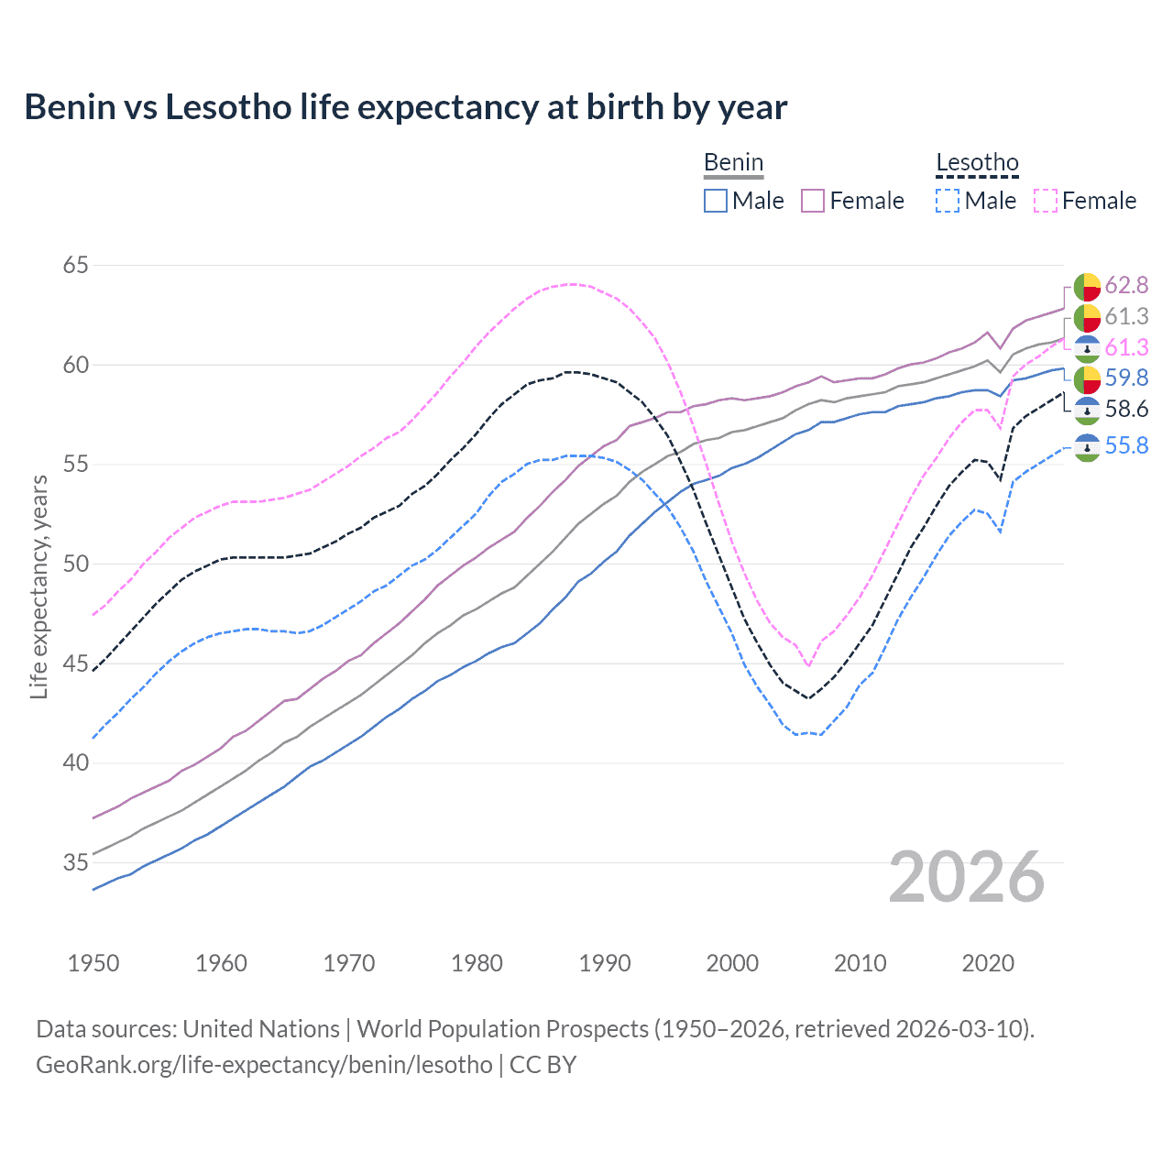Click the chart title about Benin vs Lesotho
pyautogui.click(x=406, y=107)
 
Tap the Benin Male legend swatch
pyautogui.click(x=716, y=201)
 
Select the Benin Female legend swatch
pyautogui.click(x=813, y=201)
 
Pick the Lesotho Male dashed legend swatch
pyautogui.click(x=948, y=201)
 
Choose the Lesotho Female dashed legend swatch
pyautogui.click(x=1046, y=201)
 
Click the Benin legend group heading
pyautogui.click(x=733, y=163)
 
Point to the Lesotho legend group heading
pyautogui.click(x=977, y=163)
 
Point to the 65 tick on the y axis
pyautogui.click(x=76, y=266)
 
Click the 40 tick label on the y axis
pyautogui.click(x=76, y=762)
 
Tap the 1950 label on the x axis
pyautogui.click(x=93, y=963)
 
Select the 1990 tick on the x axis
pyautogui.click(x=605, y=963)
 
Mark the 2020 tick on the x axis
pyautogui.click(x=988, y=963)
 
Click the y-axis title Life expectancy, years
pyautogui.click(x=38, y=586)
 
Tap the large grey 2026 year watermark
pyautogui.click(x=967, y=877)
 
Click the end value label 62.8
pyautogui.click(x=1126, y=286)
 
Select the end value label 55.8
pyautogui.click(x=1126, y=446)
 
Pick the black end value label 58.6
pyautogui.click(x=1126, y=409)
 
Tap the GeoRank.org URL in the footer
pyautogui.click(x=264, y=1065)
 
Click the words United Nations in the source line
pyautogui.click(x=261, y=1029)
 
